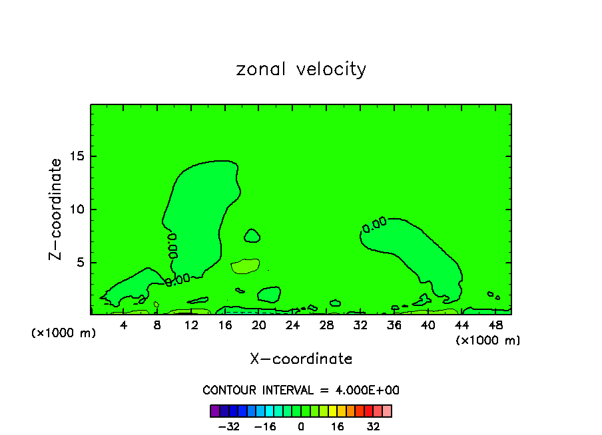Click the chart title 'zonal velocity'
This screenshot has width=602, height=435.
[x=301, y=69]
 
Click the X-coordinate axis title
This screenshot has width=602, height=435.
[x=301, y=359]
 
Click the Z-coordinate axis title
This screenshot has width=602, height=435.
[x=56, y=209]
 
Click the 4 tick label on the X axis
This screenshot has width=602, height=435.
[x=124, y=325]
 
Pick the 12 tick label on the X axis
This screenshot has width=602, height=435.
[x=191, y=325]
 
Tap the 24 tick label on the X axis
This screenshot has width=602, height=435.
[x=292, y=325]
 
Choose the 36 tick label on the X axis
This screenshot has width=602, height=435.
[x=394, y=325]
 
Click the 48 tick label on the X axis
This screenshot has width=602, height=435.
[x=495, y=325]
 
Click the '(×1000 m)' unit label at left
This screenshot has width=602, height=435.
[x=64, y=333]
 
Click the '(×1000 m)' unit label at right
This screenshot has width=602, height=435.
[x=488, y=341]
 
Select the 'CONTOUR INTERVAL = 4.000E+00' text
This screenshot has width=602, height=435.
[x=301, y=390]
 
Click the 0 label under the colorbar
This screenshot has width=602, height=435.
[x=301, y=426]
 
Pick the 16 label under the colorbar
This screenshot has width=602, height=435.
[x=338, y=426]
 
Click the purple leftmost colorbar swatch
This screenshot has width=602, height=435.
[x=214, y=410]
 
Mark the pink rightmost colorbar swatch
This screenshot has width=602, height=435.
[x=387, y=410]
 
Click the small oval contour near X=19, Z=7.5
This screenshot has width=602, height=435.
[x=252, y=235]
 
